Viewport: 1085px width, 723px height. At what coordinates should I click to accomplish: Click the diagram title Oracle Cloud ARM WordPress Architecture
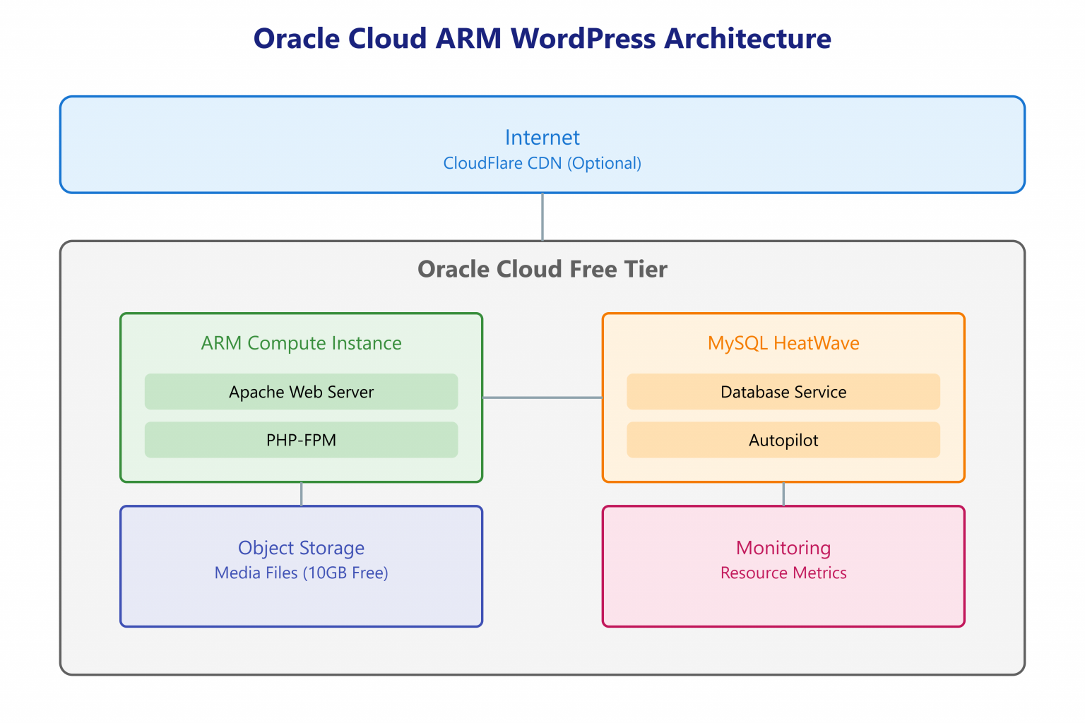[x=542, y=39]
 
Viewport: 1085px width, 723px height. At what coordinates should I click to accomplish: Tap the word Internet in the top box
[x=542, y=138]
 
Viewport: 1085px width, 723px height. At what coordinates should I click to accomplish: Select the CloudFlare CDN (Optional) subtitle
[x=542, y=163]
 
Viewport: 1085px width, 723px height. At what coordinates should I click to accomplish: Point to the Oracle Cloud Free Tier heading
[x=542, y=269]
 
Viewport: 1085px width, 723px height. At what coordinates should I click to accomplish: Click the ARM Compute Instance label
[x=301, y=343]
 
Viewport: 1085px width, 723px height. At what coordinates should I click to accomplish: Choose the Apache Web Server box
[x=301, y=392]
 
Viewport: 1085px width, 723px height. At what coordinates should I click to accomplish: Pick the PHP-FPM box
[x=301, y=440]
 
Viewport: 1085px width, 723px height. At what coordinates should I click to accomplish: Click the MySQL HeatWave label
[x=783, y=343]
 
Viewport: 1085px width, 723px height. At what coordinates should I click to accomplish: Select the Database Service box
[x=783, y=392]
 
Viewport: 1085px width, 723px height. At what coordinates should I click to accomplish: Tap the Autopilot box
[x=783, y=440]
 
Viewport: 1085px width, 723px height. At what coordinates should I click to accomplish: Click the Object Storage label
[x=301, y=548]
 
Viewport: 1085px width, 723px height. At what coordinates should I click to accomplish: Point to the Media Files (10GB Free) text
[x=301, y=573]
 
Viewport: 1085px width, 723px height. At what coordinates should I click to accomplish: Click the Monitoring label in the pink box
[x=783, y=548]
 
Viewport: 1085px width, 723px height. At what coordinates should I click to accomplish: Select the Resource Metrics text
[x=783, y=573]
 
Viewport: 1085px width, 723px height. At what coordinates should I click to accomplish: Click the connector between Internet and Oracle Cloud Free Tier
[x=542, y=217]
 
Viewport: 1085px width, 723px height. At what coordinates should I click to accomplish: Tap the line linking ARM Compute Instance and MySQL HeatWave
[x=542, y=398]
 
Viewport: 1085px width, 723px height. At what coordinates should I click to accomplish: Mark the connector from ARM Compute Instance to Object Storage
[x=302, y=494]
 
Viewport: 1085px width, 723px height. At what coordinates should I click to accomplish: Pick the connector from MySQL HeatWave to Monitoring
[x=783, y=494]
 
